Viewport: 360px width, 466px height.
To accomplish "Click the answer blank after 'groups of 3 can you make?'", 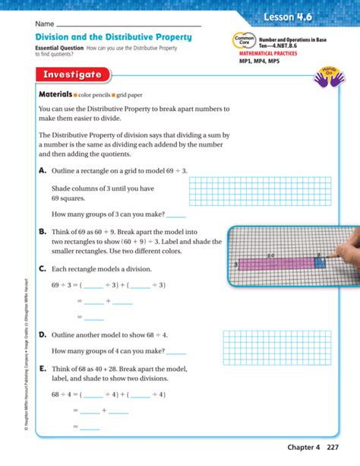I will (x=175, y=216).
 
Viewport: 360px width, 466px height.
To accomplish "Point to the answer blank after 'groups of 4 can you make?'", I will (x=175, y=351).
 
